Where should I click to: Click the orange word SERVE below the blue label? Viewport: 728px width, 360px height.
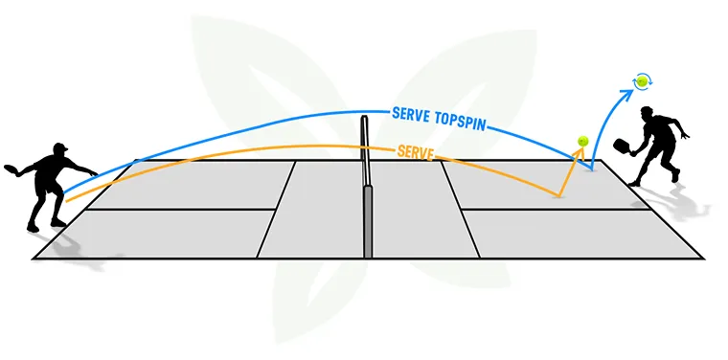(x=416, y=151)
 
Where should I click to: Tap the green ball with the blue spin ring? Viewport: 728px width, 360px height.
(x=641, y=82)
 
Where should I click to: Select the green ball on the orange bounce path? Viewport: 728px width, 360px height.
(x=581, y=142)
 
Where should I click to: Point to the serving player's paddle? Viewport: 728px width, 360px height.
(x=14, y=169)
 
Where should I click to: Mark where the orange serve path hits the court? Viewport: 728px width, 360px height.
(x=559, y=196)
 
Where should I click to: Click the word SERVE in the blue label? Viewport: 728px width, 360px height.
(x=412, y=113)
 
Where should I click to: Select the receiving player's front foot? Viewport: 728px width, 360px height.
(x=633, y=182)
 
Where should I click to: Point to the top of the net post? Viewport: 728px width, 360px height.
(x=365, y=119)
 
